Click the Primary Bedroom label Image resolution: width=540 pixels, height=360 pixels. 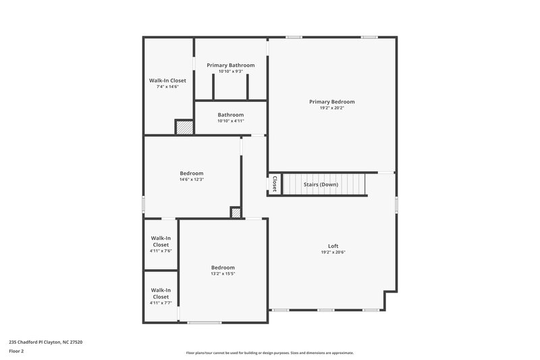coord(331,102)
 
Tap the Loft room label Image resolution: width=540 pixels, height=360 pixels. coord(333,246)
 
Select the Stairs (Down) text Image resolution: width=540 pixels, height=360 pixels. coord(321,184)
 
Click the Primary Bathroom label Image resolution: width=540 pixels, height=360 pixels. coord(231,65)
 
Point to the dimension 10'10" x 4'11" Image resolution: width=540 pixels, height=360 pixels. coord(230,121)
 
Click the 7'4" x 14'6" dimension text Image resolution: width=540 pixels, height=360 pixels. coord(167,86)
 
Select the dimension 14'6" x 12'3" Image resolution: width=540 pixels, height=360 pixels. coord(191,180)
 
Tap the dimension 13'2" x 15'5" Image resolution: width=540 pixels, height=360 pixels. coord(223,274)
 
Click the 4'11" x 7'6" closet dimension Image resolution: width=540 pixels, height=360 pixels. coord(161,251)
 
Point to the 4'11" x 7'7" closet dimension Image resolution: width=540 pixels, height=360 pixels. coord(161,303)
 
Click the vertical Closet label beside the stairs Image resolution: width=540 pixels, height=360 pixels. coord(274,184)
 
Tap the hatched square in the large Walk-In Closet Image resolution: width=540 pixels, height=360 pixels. coord(184,127)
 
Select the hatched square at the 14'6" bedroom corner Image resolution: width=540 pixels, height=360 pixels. coord(236,213)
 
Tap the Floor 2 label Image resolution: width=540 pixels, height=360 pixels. coord(17,351)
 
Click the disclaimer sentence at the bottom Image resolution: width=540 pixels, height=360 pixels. coord(269,353)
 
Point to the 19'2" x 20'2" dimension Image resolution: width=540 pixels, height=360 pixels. coord(331,107)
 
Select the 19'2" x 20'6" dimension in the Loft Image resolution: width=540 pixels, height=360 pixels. coord(333,252)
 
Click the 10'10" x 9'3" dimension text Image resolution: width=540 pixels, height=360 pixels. coord(231,71)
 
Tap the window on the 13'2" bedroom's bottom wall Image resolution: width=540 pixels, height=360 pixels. coord(204,322)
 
